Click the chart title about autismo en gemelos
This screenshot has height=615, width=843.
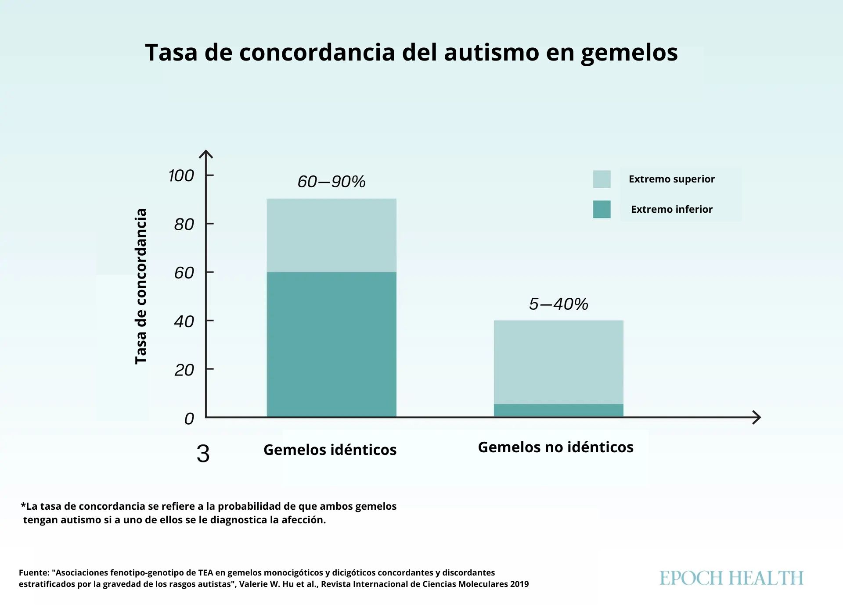coord(411,53)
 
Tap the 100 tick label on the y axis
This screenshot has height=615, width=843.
coord(181,176)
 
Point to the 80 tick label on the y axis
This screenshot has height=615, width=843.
coord(184,225)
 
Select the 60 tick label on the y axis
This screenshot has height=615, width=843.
coord(184,273)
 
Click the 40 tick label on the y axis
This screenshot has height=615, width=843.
coord(184,322)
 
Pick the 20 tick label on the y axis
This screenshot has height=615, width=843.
coord(184,370)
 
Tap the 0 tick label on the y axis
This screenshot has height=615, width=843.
coord(189,419)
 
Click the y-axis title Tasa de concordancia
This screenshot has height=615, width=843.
coord(140,286)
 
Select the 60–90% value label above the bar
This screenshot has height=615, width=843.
coord(331,182)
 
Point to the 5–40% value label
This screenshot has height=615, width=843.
coord(558,304)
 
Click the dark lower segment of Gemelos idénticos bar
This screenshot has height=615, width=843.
coord(331,344)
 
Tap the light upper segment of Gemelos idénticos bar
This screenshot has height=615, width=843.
coord(331,235)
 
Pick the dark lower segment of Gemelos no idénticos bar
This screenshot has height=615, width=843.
coord(558,410)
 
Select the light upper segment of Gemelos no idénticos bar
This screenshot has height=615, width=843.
coord(558,362)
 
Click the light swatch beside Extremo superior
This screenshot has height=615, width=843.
coord(602,179)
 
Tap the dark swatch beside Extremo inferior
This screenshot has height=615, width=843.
coord(602,209)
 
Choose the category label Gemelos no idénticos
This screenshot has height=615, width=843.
coord(555,447)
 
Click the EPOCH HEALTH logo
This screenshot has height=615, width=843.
coord(731,578)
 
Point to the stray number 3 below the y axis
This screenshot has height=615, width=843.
coord(203,454)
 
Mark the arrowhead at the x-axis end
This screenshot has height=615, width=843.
coord(757,417)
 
